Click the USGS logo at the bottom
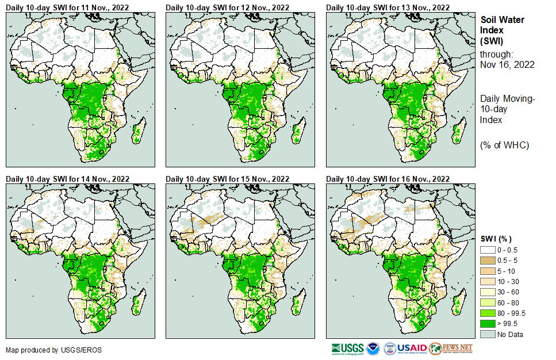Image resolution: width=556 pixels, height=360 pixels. pyautogui.click(x=347, y=349)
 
